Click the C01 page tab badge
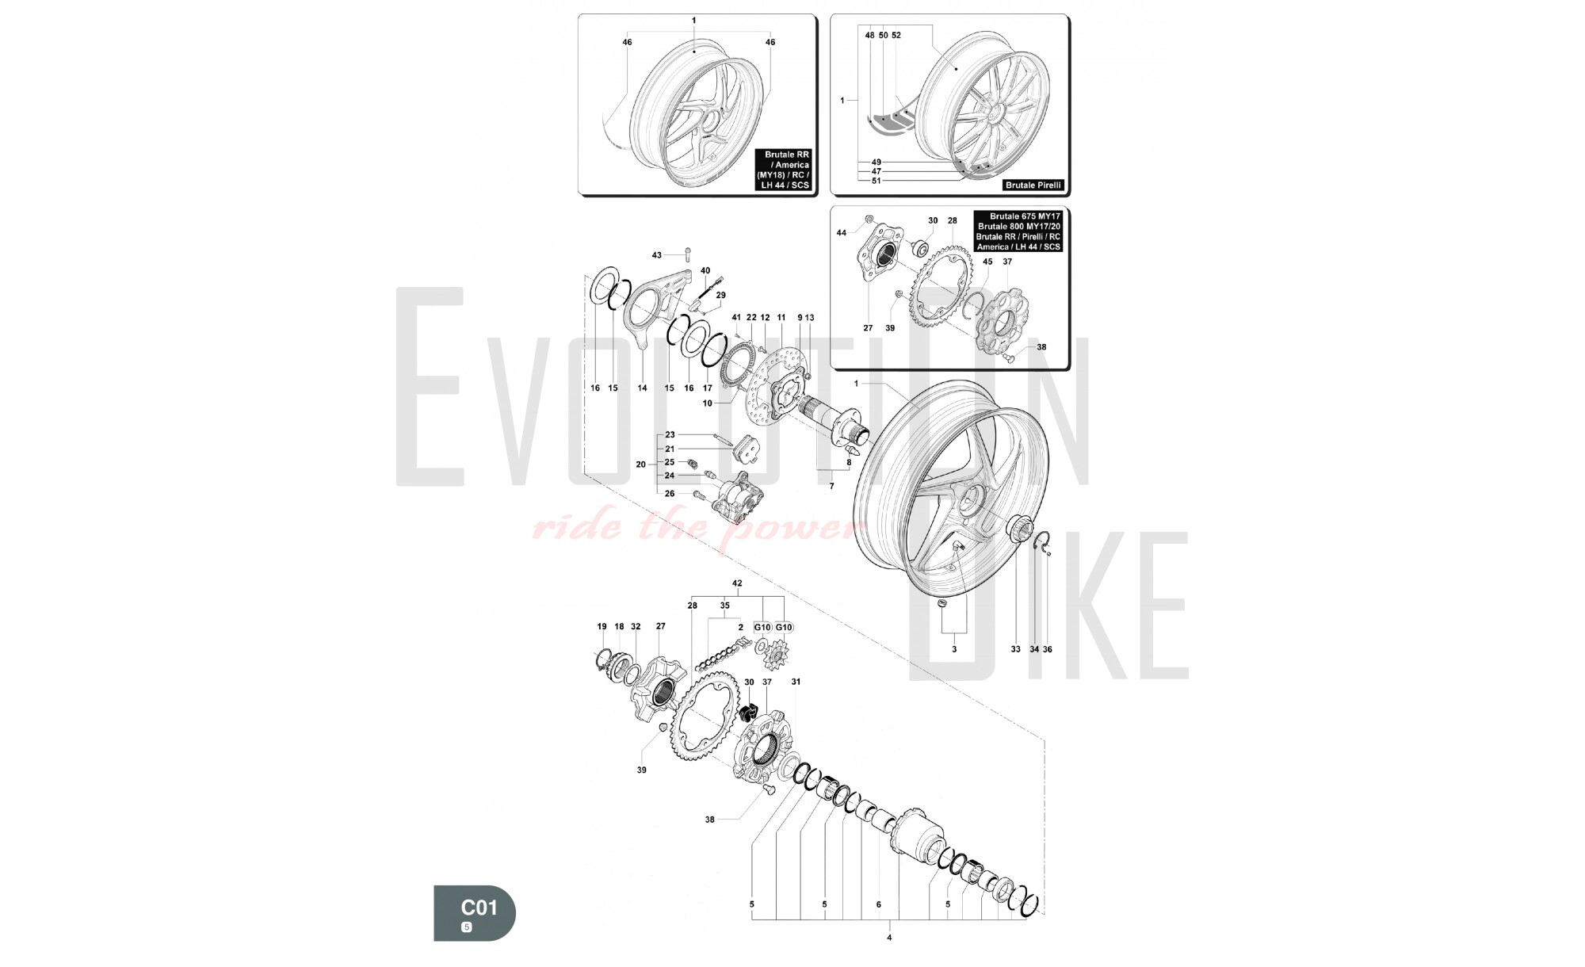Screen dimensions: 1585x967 tap(474, 913)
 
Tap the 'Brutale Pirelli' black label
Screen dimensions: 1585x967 tap(1033, 185)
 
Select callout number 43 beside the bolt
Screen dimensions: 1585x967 tap(656, 255)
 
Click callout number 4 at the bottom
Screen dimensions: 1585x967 tap(889, 938)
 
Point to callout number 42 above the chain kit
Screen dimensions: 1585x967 tap(737, 583)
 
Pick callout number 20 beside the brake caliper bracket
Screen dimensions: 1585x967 tap(640, 464)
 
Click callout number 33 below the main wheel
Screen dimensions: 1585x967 tap(1015, 649)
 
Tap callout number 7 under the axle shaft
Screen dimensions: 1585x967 tap(831, 486)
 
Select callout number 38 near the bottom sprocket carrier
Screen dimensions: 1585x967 tap(709, 820)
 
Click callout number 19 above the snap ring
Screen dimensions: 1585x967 tap(602, 626)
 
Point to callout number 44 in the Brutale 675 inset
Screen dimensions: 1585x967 tap(842, 233)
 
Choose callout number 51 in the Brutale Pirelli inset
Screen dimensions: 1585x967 tap(877, 181)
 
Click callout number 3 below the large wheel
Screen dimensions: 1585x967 tap(954, 649)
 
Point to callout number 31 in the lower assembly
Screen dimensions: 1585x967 tap(796, 682)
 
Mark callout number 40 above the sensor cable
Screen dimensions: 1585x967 tap(705, 271)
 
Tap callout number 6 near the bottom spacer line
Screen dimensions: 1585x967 tap(878, 904)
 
